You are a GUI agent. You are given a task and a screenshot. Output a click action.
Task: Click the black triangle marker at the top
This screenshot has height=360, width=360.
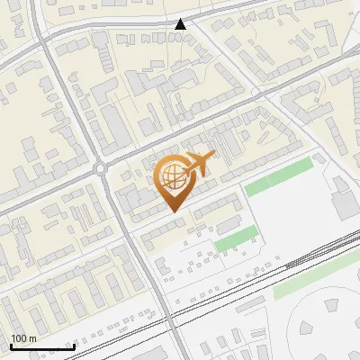tap(181, 24)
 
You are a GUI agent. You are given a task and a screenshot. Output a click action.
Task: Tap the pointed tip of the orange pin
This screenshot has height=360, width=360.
tap(174, 211)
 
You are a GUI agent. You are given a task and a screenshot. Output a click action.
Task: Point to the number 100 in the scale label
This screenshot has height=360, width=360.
tap(20, 338)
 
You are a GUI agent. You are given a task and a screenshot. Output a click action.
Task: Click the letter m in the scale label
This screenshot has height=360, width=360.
tap(34, 338)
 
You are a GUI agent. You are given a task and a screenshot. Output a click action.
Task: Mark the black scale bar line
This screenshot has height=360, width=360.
tap(41, 346)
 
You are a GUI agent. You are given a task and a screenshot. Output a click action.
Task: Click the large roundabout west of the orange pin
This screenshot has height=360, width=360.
tap(101, 167)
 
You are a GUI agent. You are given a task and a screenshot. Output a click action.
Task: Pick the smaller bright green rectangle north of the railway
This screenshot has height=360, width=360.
tap(235, 238)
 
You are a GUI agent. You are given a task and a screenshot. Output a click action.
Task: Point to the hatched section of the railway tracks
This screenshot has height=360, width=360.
tap(297, 261)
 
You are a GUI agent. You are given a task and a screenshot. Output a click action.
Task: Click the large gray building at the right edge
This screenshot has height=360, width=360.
tap(344, 203)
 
